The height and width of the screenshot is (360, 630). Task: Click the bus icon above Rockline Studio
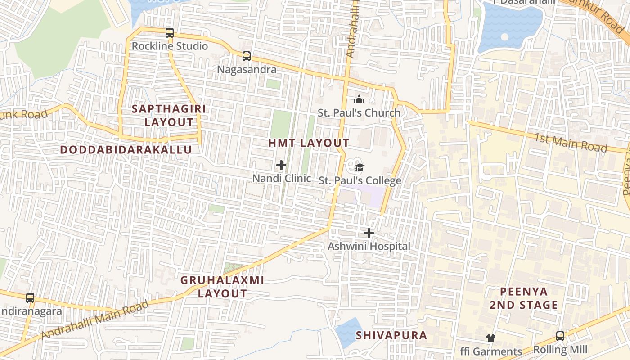(170, 32)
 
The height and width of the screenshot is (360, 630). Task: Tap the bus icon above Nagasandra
(247, 56)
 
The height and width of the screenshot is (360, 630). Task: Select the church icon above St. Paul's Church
(359, 99)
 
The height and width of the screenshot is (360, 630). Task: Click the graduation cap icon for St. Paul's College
(360, 168)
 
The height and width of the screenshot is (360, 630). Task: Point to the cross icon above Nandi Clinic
(281, 165)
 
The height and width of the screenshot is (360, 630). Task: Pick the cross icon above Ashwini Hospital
(369, 233)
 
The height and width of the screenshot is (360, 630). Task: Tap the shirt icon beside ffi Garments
(490, 338)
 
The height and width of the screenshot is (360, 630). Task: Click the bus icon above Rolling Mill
(560, 336)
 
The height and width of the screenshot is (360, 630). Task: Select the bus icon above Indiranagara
(30, 297)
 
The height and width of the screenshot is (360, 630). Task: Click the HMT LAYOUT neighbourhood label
(309, 143)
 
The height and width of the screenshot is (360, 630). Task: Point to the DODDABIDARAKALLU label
(126, 150)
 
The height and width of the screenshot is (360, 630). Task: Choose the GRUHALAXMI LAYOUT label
(222, 287)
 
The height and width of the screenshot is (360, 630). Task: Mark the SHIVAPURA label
(391, 335)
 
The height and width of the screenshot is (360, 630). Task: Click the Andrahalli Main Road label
(95, 320)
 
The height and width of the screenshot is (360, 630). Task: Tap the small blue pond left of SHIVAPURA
(347, 332)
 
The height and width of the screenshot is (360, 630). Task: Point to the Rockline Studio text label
(170, 46)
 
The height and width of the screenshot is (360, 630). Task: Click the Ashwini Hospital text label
(369, 246)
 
